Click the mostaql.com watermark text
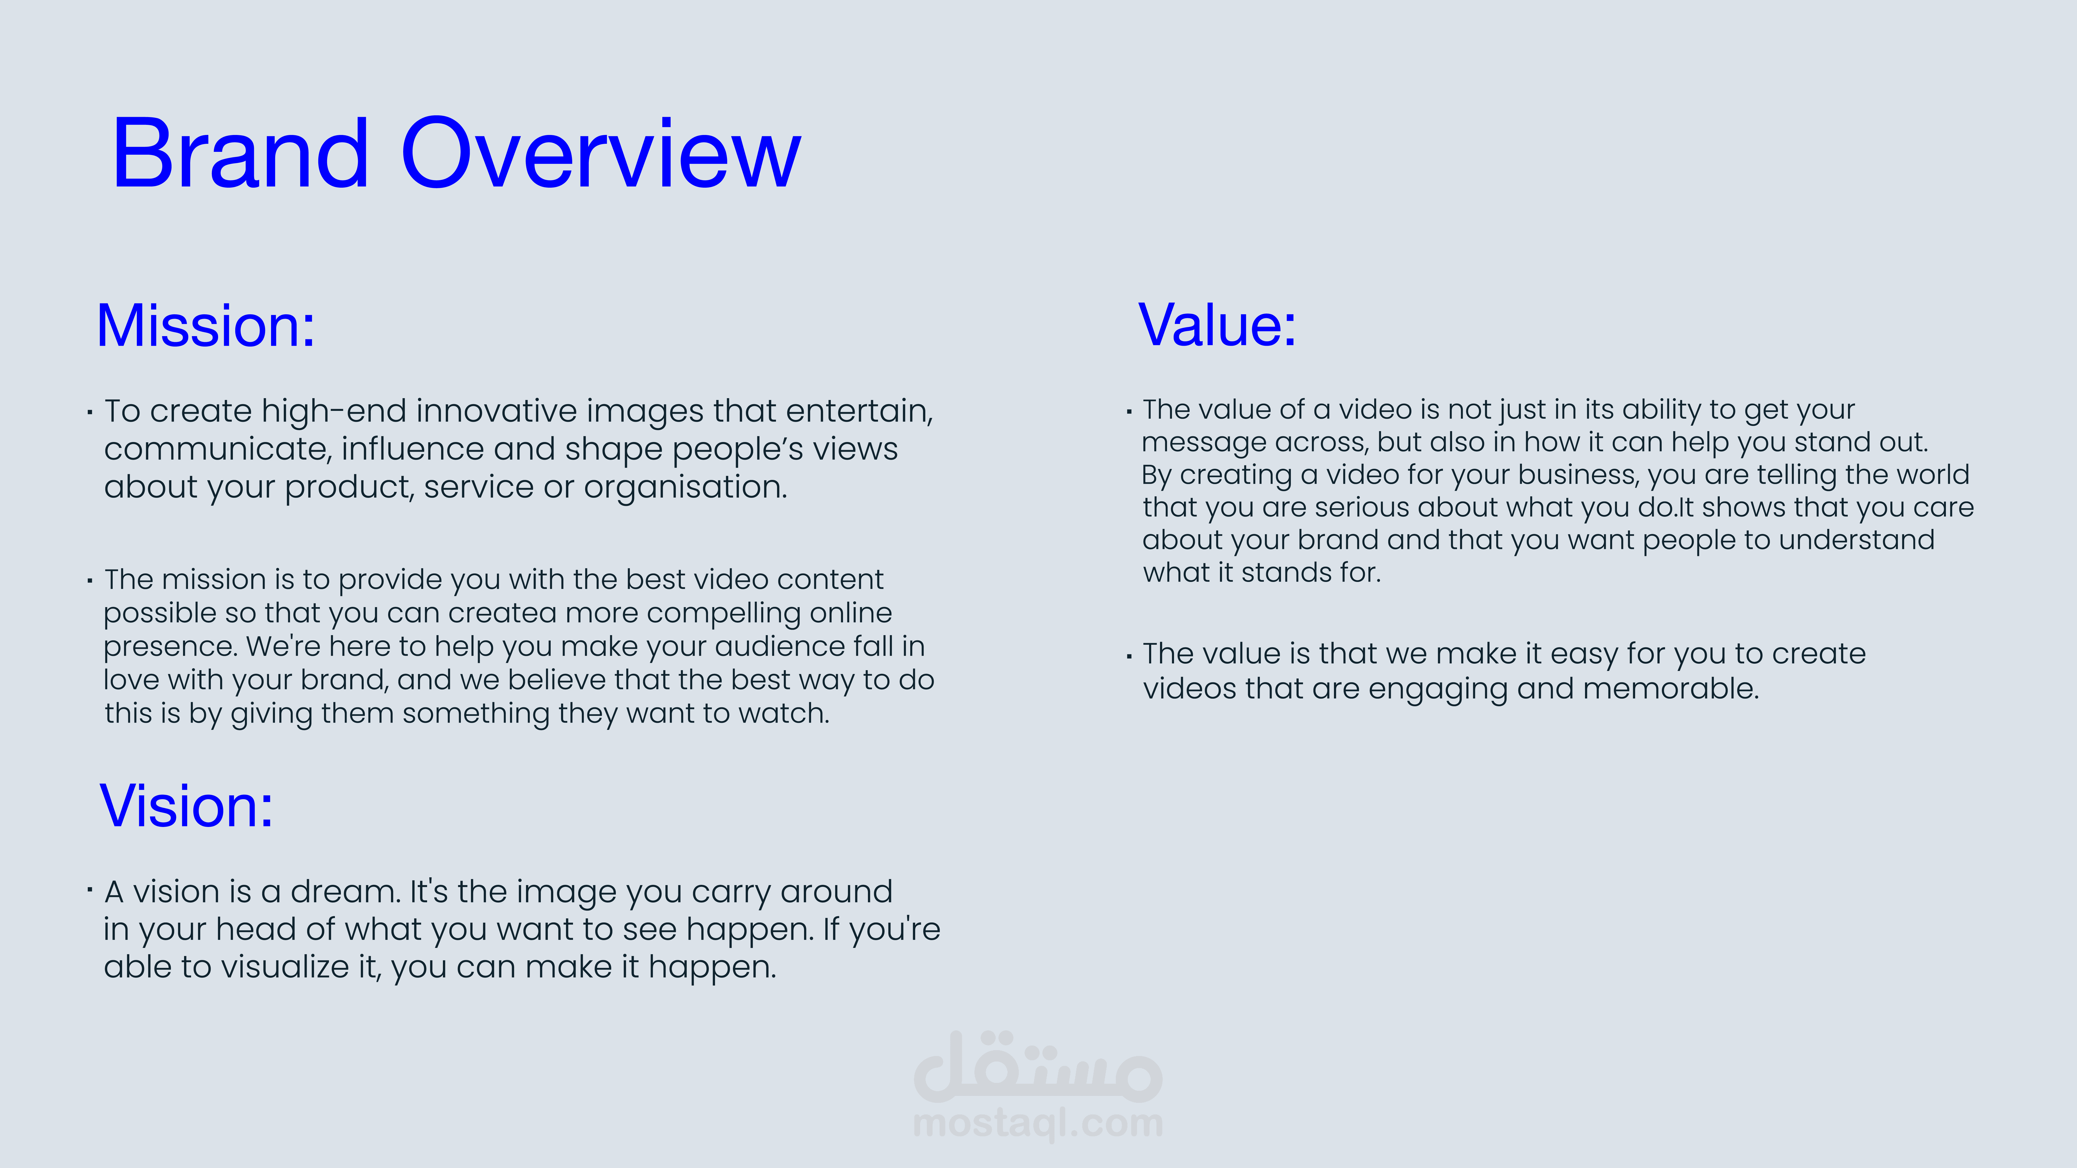(1038, 1123)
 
